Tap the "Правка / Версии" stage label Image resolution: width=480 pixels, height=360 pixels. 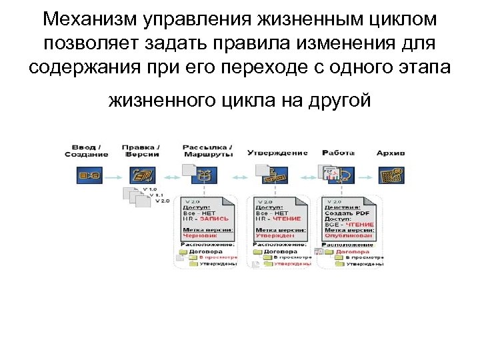[141, 150]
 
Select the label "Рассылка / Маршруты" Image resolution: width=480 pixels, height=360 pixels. [207, 150]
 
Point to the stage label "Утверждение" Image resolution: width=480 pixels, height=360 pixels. [277, 152]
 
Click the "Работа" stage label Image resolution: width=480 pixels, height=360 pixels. [338, 152]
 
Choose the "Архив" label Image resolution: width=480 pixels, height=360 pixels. [391, 153]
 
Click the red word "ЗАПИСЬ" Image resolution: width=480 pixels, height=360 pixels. [214, 218]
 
